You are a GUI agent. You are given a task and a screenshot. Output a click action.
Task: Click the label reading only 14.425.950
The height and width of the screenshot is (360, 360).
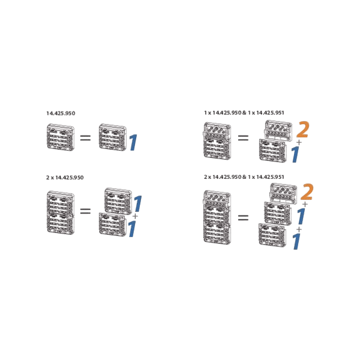pyautogui.click(x=61, y=113)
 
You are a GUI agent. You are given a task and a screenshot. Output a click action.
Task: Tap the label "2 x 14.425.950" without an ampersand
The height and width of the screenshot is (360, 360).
pyautogui.click(x=65, y=178)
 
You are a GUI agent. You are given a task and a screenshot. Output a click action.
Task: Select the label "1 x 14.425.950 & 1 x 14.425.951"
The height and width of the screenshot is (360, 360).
pyautogui.click(x=244, y=113)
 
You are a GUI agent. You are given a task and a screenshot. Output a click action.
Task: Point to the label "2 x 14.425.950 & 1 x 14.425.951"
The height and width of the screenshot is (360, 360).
pyautogui.click(x=244, y=177)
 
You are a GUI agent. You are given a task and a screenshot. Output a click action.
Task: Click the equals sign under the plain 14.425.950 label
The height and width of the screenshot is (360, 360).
pyautogui.click(x=85, y=138)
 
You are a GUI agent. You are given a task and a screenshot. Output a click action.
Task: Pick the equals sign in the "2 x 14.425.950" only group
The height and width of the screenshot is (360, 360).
pyautogui.click(x=85, y=211)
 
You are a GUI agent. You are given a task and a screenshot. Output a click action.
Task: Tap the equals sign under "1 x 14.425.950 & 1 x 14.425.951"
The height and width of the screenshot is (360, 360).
pyautogui.click(x=243, y=138)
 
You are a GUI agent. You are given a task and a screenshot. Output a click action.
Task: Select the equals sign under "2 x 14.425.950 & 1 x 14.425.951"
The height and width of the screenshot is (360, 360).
pyautogui.click(x=243, y=217)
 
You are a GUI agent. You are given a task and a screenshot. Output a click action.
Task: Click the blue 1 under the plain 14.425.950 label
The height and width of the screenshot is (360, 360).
pyautogui.click(x=133, y=143)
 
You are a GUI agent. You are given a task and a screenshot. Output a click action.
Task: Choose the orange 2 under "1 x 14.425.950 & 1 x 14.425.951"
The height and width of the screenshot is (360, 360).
pyautogui.click(x=303, y=130)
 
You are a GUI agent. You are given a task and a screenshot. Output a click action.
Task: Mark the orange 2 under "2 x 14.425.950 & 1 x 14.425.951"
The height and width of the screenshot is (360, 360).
pyautogui.click(x=307, y=192)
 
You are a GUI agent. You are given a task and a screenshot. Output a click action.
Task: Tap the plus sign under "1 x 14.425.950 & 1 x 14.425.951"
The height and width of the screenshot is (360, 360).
pyautogui.click(x=299, y=143)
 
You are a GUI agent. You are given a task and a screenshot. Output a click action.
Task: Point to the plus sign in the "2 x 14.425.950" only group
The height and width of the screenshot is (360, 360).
pyautogui.click(x=135, y=216)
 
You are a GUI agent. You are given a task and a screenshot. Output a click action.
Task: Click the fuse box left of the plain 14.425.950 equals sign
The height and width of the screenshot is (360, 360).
pyautogui.click(x=61, y=137)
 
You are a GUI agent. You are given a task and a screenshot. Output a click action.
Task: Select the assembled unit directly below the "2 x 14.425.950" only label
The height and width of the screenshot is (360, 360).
pyautogui.click(x=61, y=212)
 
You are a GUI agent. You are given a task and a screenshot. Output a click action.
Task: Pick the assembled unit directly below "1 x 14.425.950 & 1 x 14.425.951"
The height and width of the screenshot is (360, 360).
pyautogui.click(x=217, y=141)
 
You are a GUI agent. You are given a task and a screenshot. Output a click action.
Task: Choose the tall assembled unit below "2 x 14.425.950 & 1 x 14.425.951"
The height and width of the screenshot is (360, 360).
pyautogui.click(x=217, y=217)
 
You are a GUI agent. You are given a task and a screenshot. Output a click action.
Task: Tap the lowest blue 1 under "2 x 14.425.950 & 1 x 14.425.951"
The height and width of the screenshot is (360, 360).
pyautogui.click(x=296, y=241)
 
